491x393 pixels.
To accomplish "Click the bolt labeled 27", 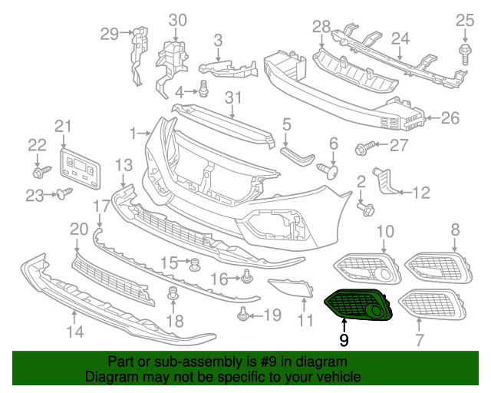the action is [x=364, y=145].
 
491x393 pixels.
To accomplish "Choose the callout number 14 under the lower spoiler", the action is [x=74, y=332].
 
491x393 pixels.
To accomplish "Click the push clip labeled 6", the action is [x=331, y=170].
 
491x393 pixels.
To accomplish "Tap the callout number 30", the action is [x=177, y=19].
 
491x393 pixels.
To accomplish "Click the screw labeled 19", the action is [x=243, y=313].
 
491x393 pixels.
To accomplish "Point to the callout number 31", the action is [x=233, y=97].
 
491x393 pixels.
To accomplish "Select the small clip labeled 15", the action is [x=195, y=266].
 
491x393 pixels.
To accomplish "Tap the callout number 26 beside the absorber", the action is [x=450, y=118].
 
